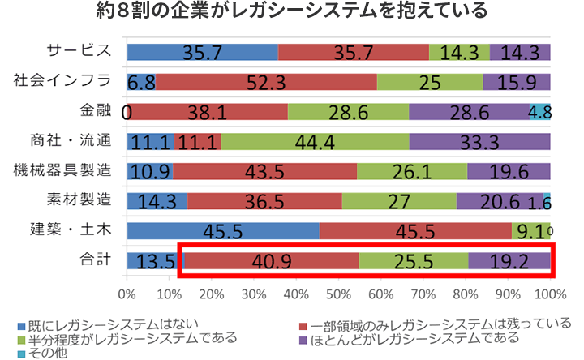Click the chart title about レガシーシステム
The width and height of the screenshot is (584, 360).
(292, 12)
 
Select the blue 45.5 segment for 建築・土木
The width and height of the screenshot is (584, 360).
(223, 232)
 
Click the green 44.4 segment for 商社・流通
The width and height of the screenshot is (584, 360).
(315, 142)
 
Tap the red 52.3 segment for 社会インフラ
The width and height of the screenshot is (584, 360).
(266, 82)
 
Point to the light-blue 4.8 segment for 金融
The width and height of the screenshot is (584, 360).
(540, 111)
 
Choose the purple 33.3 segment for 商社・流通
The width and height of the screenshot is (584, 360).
(480, 142)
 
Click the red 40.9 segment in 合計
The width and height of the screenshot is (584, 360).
(272, 262)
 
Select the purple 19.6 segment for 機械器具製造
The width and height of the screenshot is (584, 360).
(509, 172)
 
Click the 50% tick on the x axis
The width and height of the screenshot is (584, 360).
(339, 289)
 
